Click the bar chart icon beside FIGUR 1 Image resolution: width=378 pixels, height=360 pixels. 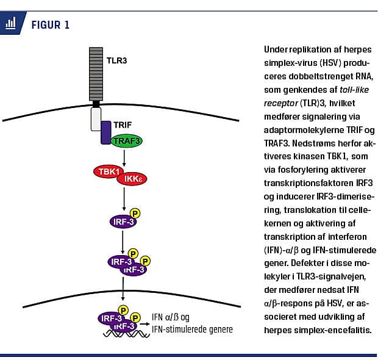tap(10, 25)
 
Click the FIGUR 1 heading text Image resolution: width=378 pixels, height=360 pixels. tap(50, 25)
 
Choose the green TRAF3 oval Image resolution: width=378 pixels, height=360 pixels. tap(126, 140)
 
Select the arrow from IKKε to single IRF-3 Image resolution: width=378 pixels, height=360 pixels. tap(124, 200)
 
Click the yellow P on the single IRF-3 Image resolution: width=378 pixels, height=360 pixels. tap(135, 213)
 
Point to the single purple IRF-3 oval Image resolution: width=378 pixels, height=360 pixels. tap(122, 221)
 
